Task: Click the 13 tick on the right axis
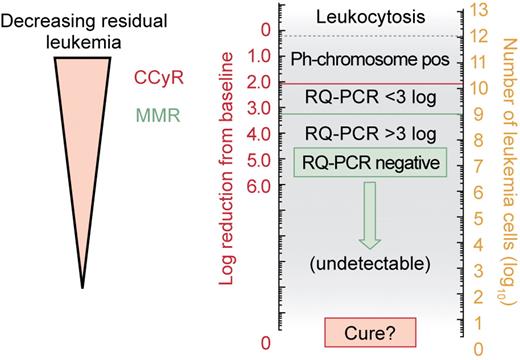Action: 479,10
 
